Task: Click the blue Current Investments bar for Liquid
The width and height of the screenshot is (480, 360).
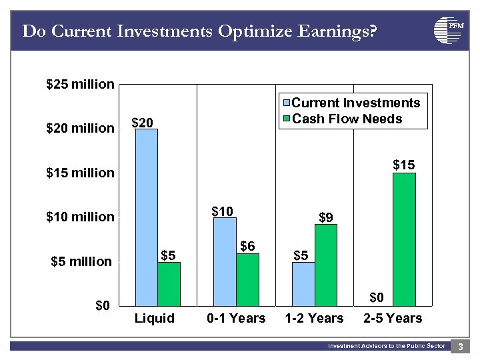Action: point(146,217)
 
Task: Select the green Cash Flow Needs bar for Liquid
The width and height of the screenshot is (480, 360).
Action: point(169,283)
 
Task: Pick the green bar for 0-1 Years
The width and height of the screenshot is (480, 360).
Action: point(247,279)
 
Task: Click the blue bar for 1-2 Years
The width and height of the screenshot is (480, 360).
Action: point(303,283)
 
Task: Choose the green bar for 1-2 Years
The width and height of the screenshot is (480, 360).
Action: point(326,265)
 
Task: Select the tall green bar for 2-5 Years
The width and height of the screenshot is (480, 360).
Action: point(404,239)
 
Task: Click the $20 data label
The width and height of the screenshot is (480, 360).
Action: point(142,123)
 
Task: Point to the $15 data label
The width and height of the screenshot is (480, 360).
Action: point(403,164)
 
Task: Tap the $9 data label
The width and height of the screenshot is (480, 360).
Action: point(326,217)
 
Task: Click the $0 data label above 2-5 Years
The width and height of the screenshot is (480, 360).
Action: point(377,297)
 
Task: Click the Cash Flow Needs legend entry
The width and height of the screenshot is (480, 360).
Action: point(347,119)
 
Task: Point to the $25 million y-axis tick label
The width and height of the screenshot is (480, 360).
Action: point(80,84)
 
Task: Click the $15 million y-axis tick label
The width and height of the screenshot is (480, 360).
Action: point(80,173)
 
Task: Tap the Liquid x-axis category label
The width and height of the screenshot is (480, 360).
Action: point(155,318)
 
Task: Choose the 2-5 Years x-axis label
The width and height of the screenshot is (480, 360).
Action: point(393,318)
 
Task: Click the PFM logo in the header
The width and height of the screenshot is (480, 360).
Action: point(448,30)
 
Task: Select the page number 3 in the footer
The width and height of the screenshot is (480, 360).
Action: point(460,347)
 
